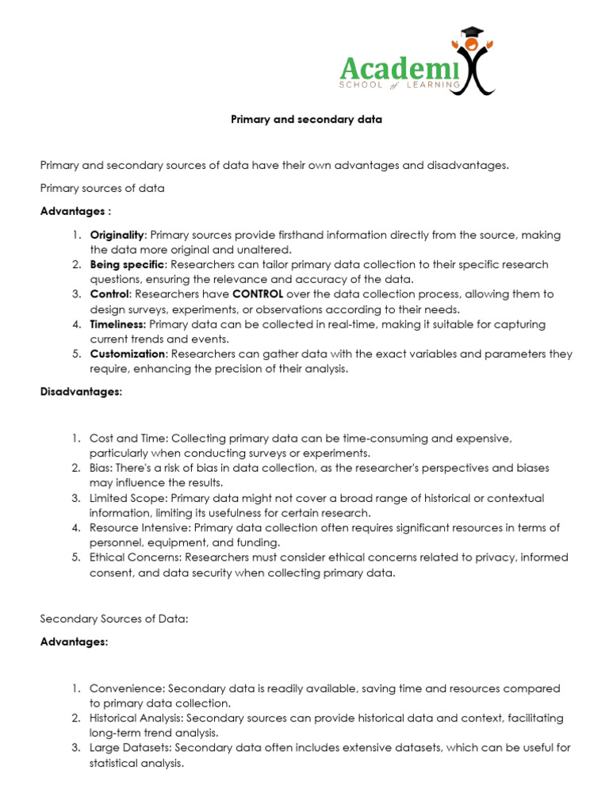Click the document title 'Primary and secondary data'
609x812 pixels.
306,120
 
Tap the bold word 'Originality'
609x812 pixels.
117,235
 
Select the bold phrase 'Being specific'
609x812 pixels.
128,264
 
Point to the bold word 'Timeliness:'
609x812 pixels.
118,324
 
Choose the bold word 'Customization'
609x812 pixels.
128,354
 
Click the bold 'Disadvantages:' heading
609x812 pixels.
81,392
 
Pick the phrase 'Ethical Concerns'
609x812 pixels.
133,557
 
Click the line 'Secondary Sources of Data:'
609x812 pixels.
114,619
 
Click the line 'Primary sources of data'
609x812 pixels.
102,188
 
